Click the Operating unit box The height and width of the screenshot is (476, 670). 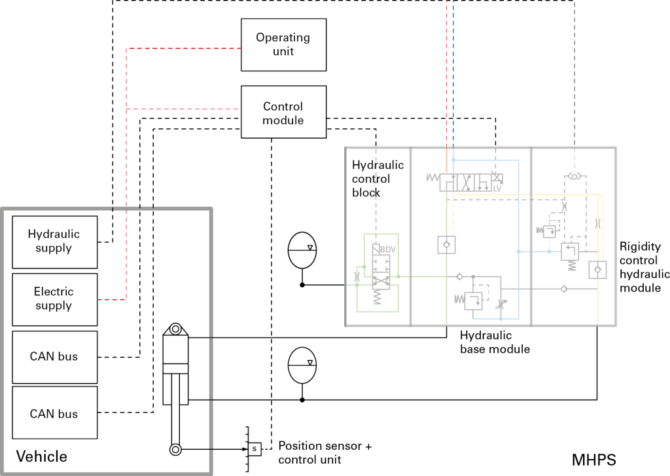coord(283,45)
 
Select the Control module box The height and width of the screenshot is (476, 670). coord(283,112)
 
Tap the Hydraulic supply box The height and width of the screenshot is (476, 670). coord(54,241)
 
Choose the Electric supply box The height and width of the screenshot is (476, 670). coord(54,299)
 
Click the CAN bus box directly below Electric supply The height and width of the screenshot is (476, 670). coord(54,357)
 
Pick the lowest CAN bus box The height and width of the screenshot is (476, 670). coord(54,413)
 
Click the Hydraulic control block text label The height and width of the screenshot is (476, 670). coord(377,179)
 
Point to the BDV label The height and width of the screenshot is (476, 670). coord(388,249)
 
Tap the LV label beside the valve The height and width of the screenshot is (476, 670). coord(497,189)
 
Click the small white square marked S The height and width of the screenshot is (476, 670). coord(255,449)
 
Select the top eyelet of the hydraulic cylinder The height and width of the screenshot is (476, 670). coord(175,329)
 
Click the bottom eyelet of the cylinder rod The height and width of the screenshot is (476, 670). coord(175,449)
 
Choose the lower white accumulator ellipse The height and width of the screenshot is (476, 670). coord(302,365)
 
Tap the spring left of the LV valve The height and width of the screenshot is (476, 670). coord(432,177)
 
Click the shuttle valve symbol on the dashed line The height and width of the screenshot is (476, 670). coord(574,177)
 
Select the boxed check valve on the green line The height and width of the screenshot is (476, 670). coord(446,244)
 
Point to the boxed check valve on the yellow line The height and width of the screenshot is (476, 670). coord(597,269)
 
